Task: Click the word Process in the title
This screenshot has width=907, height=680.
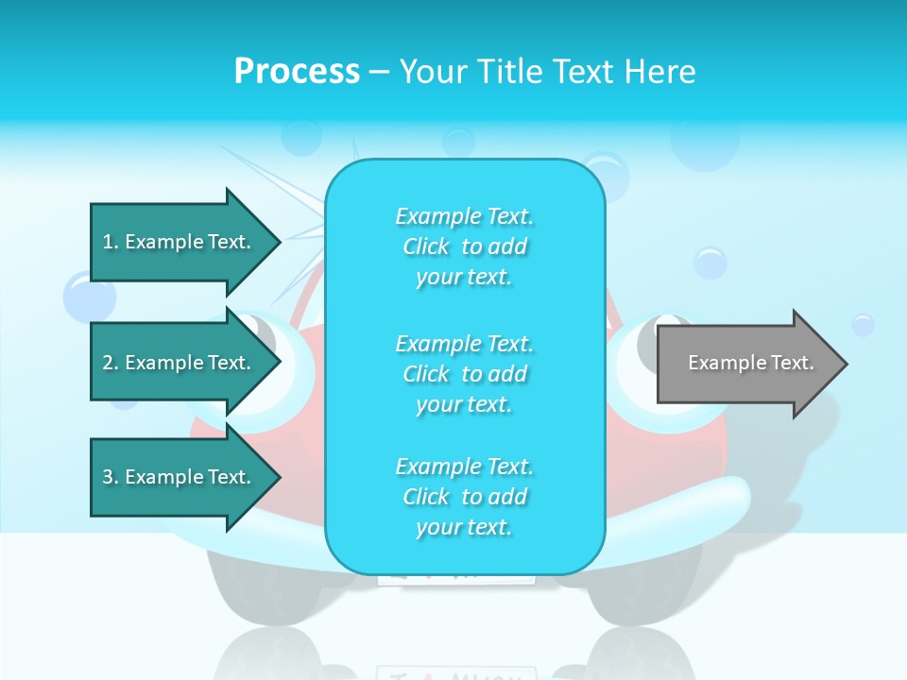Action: (297, 72)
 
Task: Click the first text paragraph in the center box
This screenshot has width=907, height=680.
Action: (464, 246)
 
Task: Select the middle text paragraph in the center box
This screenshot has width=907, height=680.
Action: (464, 374)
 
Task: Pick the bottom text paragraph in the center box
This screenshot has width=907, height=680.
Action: (464, 497)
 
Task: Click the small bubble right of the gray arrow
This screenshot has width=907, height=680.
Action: (863, 325)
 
